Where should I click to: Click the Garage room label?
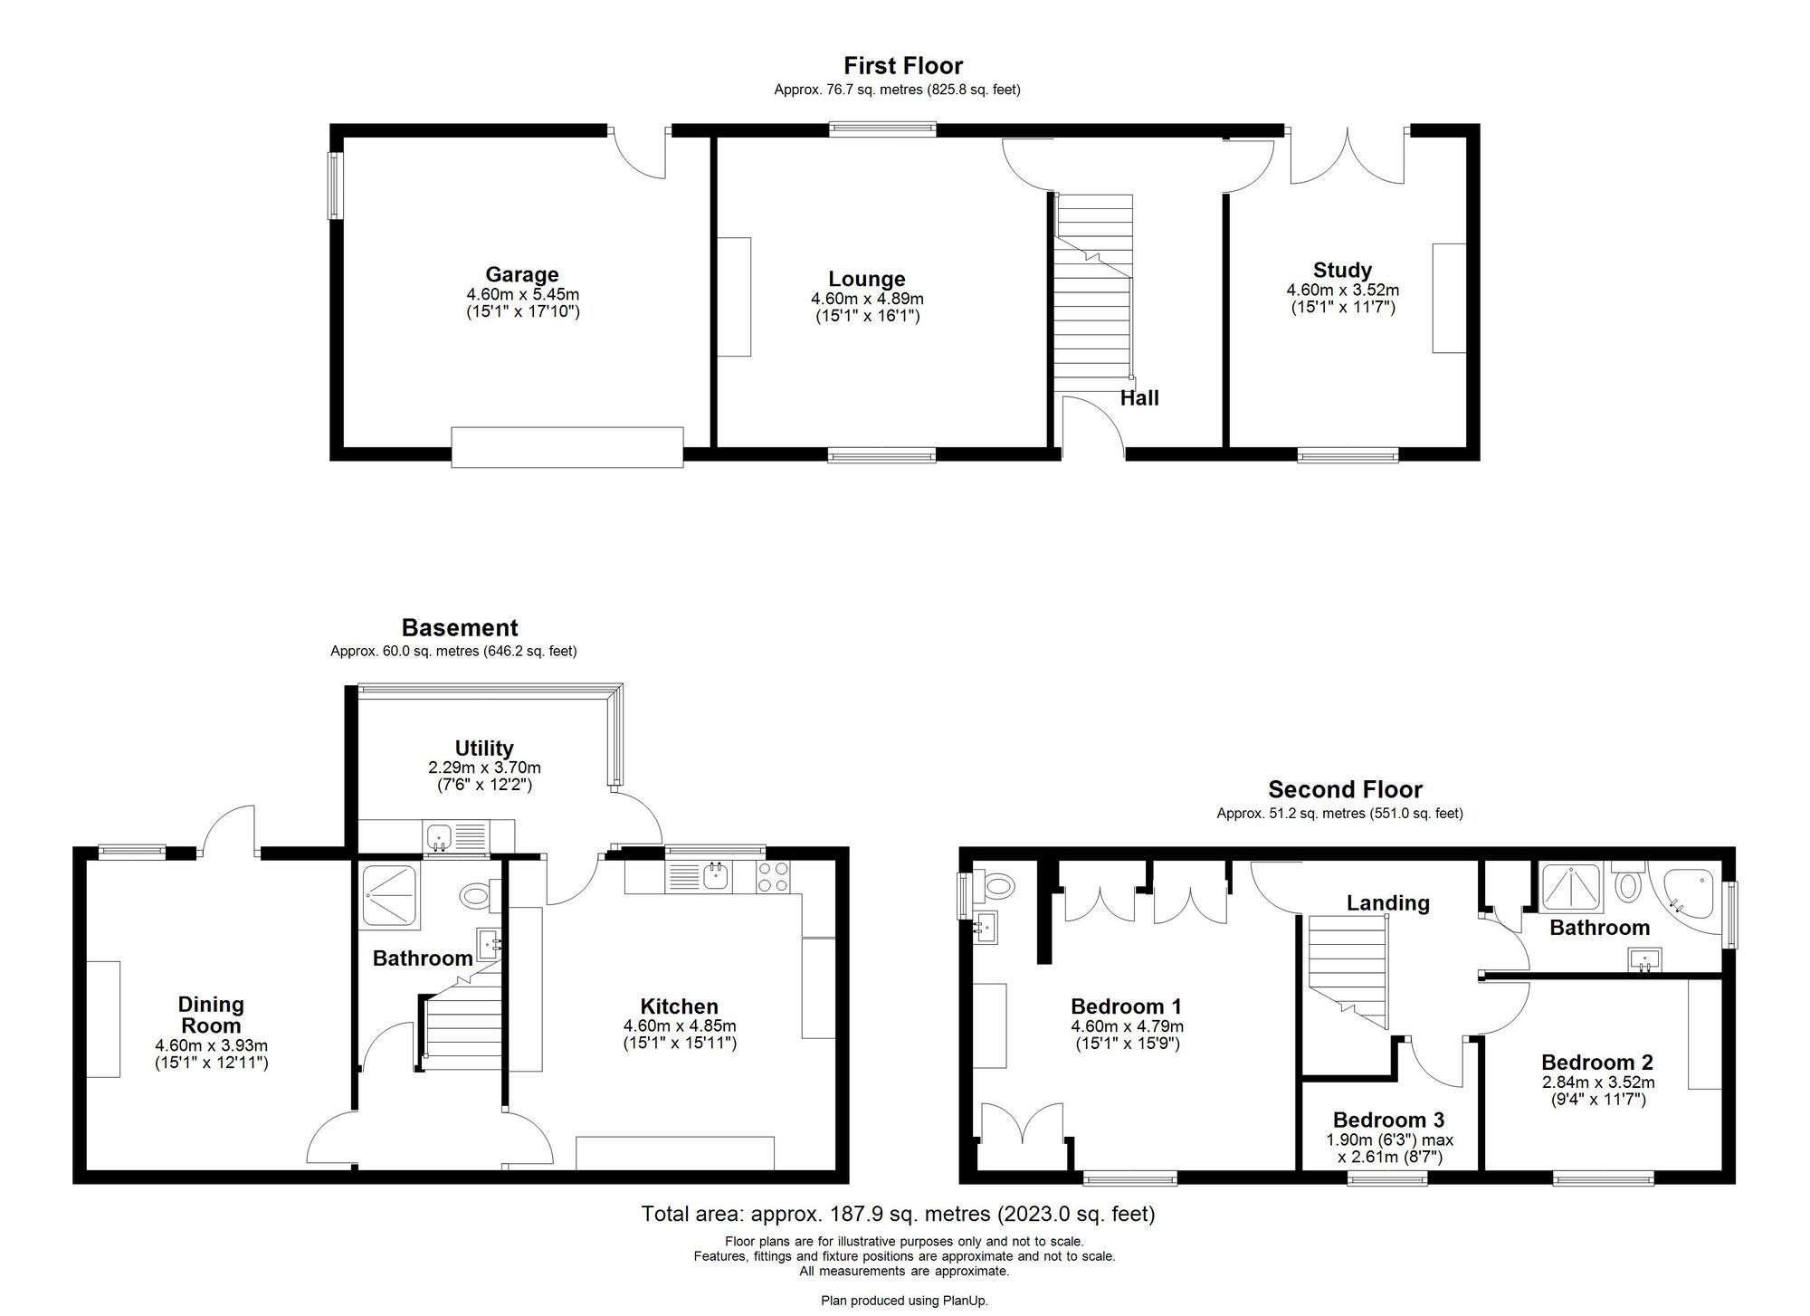coord(522,274)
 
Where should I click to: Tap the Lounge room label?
coord(867,279)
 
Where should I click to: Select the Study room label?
coord(1342,270)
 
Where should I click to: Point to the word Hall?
coord(1139,397)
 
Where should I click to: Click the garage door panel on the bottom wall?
coord(567,447)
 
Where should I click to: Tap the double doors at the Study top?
coord(1348,156)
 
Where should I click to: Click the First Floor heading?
coord(903,65)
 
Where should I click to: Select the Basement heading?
coord(460,627)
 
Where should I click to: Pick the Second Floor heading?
coord(1345,789)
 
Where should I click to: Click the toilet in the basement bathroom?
coord(475,896)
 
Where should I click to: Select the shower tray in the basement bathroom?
coord(390,896)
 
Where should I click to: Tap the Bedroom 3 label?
coord(1388,1120)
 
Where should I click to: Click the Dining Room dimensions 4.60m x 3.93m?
coord(211,1045)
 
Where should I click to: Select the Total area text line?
coord(898,1214)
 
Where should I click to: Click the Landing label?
coord(1388,902)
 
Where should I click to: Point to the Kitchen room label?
coord(680,1006)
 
